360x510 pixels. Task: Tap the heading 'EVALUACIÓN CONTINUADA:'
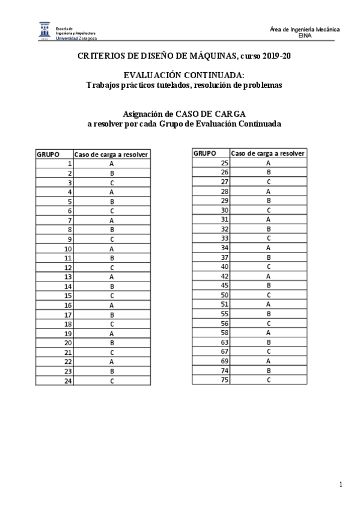[x=184, y=76]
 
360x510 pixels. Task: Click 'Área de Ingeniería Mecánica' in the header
[x=305, y=29]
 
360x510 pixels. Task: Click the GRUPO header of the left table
[x=48, y=155]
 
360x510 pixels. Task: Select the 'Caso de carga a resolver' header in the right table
[x=268, y=153]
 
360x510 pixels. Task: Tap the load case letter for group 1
[x=112, y=164]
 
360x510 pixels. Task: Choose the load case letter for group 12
[x=112, y=268]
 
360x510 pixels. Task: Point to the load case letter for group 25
[x=268, y=162]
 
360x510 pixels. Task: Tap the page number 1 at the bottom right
[x=341, y=484]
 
